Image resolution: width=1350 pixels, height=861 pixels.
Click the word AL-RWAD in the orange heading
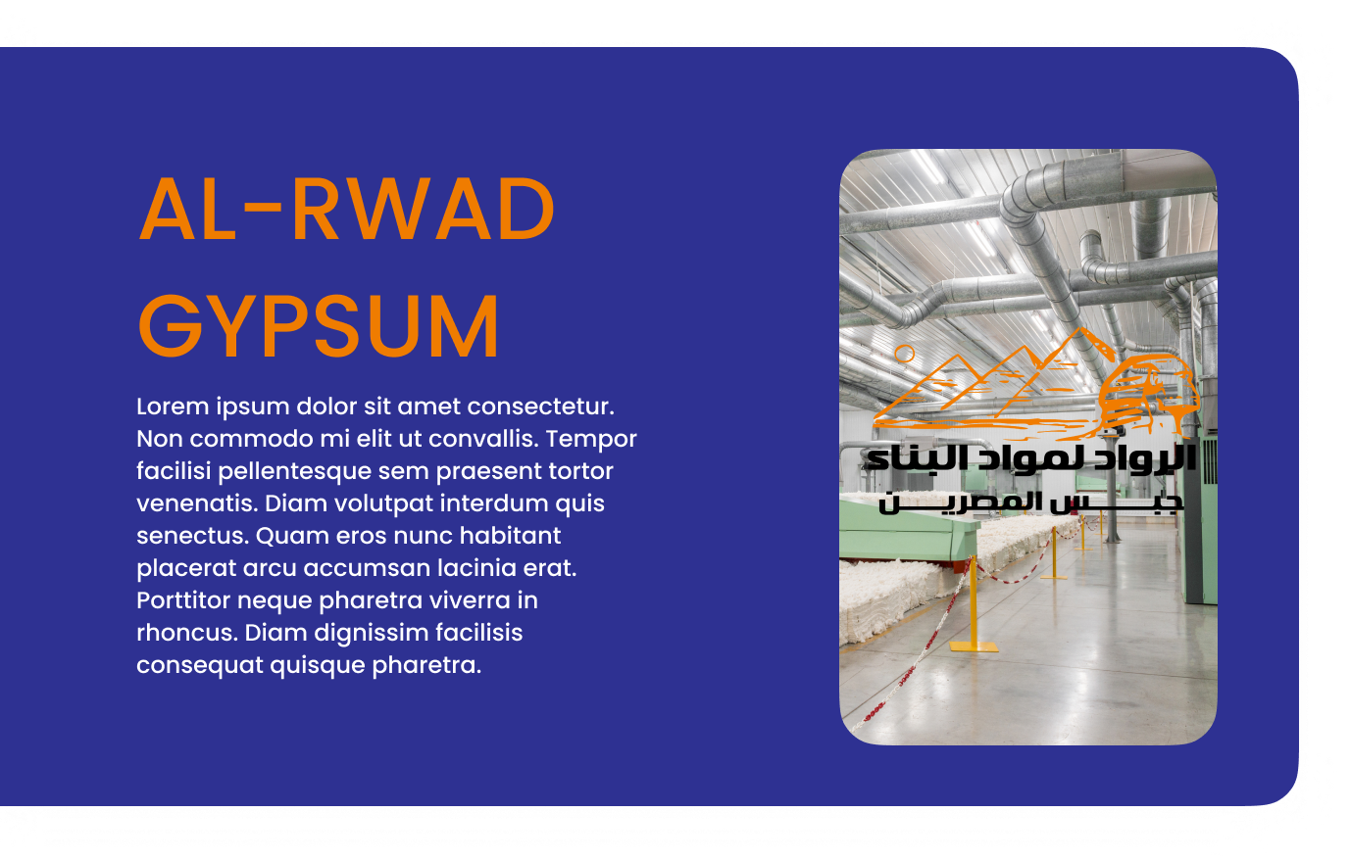(346, 209)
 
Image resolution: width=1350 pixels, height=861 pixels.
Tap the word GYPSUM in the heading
(319, 326)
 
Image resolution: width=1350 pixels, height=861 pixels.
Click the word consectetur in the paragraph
(540, 407)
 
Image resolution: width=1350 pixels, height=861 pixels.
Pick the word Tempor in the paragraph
(591, 440)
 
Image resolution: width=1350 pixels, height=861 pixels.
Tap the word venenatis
(197, 503)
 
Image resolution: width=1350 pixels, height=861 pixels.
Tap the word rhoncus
(187, 633)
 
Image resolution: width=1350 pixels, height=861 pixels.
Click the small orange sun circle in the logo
(905, 354)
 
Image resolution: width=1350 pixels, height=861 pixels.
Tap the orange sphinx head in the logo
(1149, 396)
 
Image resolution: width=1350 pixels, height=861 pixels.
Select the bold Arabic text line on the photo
(1030, 459)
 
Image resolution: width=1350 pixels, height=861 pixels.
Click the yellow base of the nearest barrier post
(974, 646)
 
